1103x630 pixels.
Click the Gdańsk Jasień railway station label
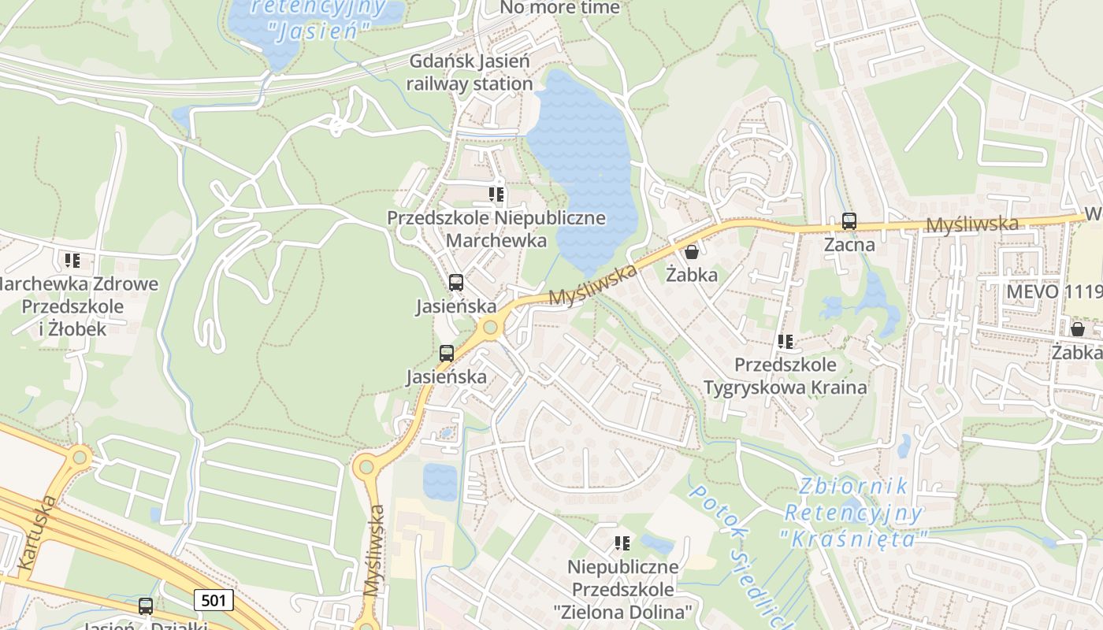[x=470, y=72]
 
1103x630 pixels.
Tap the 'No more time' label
[x=560, y=8]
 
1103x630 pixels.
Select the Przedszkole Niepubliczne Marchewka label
[x=496, y=228]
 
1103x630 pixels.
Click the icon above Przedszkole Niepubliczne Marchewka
[x=496, y=194]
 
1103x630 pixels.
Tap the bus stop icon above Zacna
[x=849, y=221]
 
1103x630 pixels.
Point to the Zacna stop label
[x=849, y=245]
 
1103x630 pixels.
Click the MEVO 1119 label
[x=1054, y=292]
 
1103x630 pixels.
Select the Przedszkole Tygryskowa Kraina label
[x=785, y=376]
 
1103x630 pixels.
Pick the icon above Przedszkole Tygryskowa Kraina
[x=785, y=342]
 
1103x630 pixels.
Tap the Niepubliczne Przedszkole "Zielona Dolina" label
[x=622, y=589]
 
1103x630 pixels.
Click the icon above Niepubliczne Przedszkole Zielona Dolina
[x=622, y=543]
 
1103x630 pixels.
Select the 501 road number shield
[x=214, y=601]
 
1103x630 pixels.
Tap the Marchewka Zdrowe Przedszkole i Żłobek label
[x=74, y=306]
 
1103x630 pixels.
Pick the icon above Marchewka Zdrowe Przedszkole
[x=72, y=260]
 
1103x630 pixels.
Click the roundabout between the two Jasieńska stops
[x=491, y=326]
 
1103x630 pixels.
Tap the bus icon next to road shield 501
[x=146, y=606]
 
